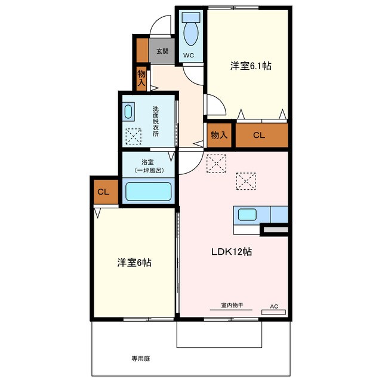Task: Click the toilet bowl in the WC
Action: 191,34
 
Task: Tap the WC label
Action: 189,56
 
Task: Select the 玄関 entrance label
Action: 162,51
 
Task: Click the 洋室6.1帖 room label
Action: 251,66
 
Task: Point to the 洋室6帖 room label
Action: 134,263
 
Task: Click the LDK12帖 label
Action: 231,251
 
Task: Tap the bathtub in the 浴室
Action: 148,192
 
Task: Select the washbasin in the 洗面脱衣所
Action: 128,112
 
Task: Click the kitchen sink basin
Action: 247,215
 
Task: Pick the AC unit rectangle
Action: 273,312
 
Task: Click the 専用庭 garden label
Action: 141,359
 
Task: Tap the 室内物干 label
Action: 232,305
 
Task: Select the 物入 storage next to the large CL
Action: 219,135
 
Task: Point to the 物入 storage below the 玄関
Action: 141,78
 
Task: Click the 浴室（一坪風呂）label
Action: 147,166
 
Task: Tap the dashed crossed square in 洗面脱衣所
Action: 133,137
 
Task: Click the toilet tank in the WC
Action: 191,17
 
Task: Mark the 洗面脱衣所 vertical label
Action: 155,121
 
